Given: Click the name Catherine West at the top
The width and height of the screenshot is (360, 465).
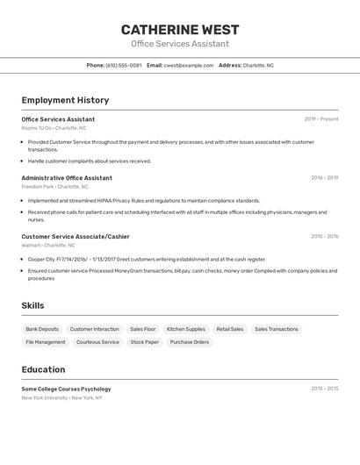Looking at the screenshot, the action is pos(180,30).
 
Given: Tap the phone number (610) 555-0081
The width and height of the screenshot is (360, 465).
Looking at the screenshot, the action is pos(123,65).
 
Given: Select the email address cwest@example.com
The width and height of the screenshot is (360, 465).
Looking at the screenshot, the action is pos(188,65).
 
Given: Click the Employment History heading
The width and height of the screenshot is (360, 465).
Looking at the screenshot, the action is pos(65,100).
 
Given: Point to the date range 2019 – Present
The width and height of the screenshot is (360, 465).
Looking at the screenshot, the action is pos(320,119).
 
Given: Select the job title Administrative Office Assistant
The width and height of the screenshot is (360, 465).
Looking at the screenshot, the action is pos(67,178).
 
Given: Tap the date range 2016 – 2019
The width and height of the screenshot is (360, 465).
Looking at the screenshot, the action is pos(324,178).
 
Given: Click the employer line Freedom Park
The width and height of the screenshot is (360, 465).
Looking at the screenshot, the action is pos(54,187).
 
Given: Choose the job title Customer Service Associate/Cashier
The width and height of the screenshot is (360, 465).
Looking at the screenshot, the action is pos(76,236).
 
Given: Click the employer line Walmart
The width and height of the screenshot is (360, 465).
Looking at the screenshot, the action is pos(48,246).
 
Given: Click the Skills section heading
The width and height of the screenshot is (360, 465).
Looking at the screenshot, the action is pos(33,305).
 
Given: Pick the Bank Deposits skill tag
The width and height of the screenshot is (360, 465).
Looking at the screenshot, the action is pos(42,329).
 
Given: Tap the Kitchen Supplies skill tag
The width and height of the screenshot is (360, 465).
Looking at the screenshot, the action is pos(186,329).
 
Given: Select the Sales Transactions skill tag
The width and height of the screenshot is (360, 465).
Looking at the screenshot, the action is pos(277,329).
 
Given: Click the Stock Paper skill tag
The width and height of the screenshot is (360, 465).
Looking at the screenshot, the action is pos(145,342).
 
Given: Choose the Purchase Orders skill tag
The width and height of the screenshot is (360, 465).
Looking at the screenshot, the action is pos(190,342).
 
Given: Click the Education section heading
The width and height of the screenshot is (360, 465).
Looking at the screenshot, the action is pos(43,369).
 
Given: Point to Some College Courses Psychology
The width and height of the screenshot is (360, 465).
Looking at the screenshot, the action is pos(67,389).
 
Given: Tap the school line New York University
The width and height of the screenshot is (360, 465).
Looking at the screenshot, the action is pos(61,397).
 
